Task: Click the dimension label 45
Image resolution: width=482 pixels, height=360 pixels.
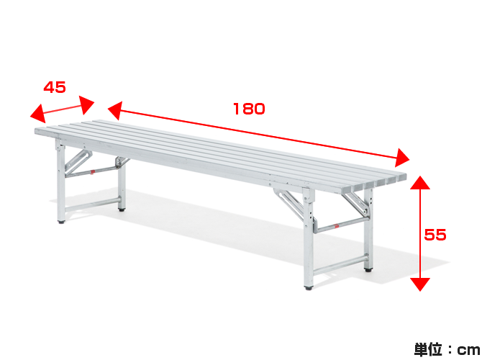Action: [55, 87]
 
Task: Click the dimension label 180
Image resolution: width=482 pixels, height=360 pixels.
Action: [249, 109]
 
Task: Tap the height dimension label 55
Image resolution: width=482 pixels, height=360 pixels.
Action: [435, 235]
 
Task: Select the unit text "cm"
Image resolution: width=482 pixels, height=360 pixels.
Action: [468, 350]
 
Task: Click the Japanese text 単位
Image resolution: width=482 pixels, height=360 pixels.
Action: [429, 349]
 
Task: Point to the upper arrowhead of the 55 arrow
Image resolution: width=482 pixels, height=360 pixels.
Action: [420, 183]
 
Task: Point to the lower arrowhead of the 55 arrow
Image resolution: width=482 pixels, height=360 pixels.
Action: [420, 284]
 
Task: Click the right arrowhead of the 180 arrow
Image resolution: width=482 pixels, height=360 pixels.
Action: [401, 158]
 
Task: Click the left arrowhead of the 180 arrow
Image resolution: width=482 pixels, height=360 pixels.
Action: [115, 110]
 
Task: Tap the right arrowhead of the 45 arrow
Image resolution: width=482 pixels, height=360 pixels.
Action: [86, 104]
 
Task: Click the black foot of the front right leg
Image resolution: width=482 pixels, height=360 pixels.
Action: [309, 288]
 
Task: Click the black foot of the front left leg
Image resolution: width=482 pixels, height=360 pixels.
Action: [61, 221]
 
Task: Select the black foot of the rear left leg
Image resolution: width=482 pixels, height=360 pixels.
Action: [122, 210]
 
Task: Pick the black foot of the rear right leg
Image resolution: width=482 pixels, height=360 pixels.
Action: [368, 270]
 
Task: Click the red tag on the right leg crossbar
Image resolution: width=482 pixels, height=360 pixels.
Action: [336, 226]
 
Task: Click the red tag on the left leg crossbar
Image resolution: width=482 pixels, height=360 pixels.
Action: [92, 172]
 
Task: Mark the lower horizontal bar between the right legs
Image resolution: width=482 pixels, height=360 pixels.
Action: [340, 265]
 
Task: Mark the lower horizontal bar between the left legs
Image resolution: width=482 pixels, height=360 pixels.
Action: [91, 204]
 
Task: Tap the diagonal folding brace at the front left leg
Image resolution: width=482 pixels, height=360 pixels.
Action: [78, 161]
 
